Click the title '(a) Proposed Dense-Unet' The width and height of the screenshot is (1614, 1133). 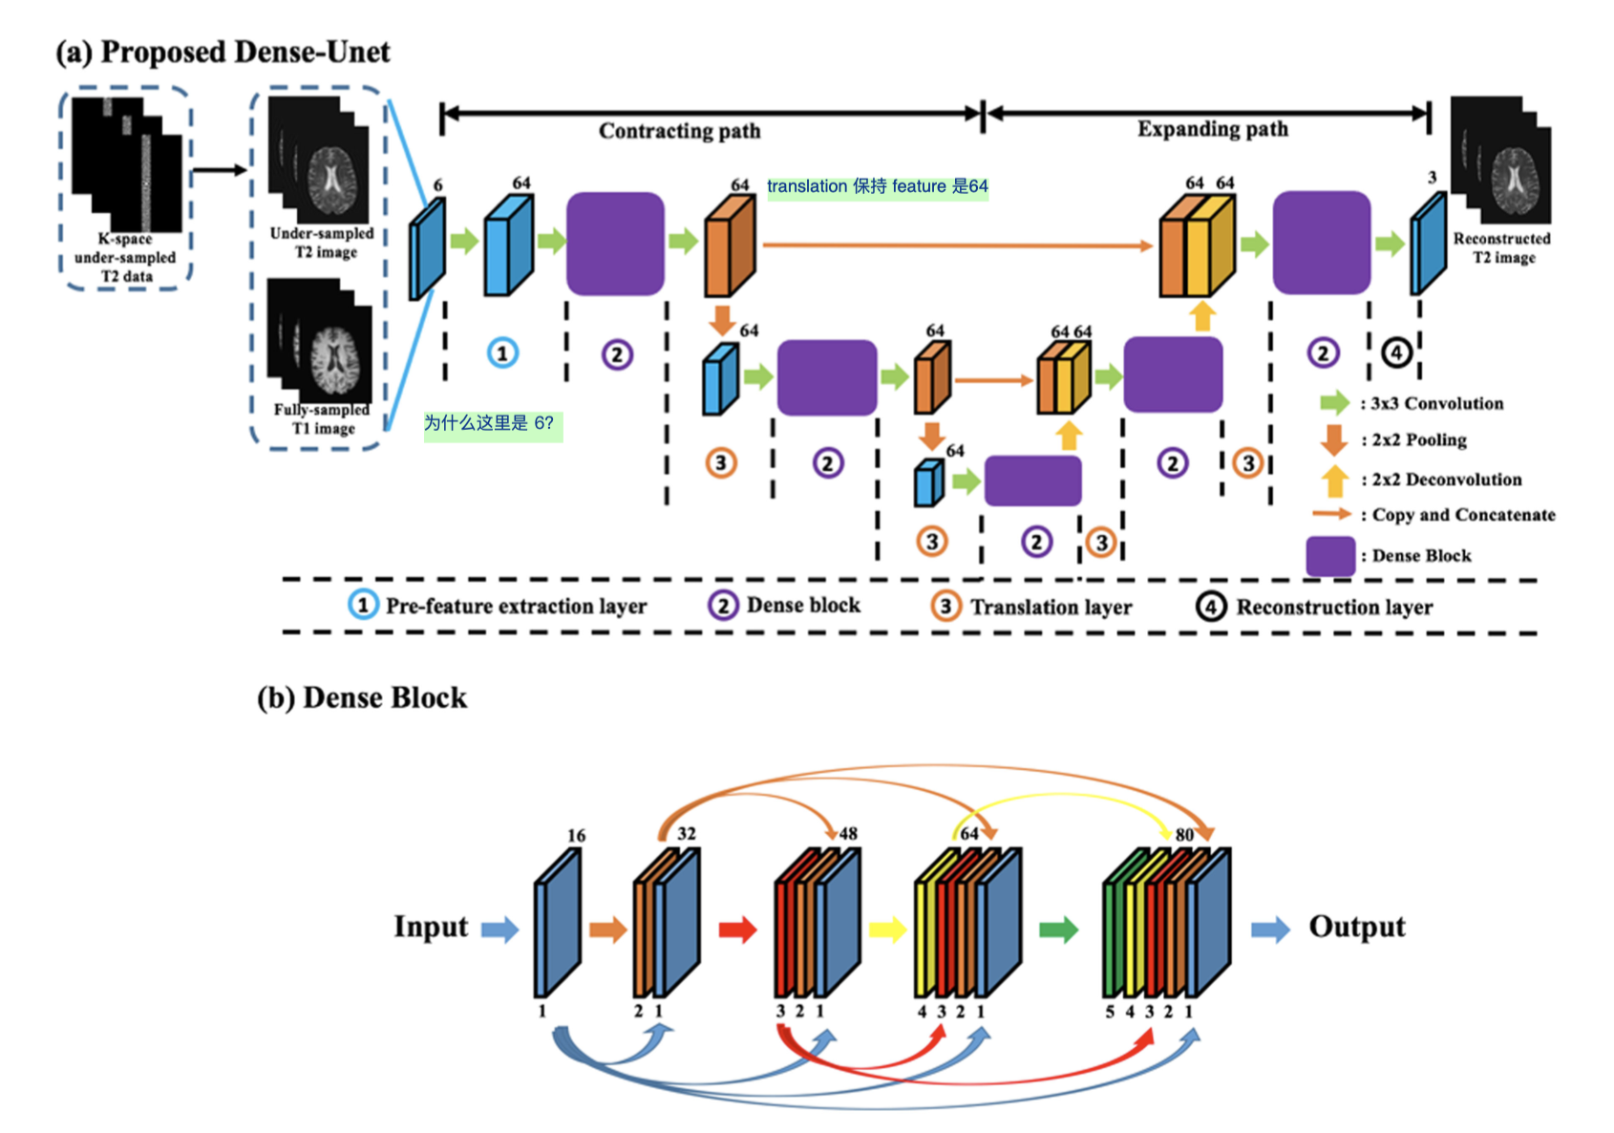pos(223,52)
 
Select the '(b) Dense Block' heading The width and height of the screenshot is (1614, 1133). pos(362,697)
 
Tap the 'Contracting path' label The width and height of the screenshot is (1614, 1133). pos(679,131)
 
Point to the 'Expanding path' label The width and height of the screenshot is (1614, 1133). pos(1213,129)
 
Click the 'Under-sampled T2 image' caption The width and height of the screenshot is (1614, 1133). pos(322,243)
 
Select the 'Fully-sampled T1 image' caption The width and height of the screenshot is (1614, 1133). pos(322,418)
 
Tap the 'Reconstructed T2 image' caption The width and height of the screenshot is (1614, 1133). pos(1501,248)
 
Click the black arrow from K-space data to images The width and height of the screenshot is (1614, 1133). pos(220,170)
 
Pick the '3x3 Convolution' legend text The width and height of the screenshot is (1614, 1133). pos(1437,403)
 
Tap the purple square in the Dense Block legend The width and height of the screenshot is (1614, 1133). pos(1330,556)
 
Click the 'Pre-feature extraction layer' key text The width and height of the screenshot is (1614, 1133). pos(516,606)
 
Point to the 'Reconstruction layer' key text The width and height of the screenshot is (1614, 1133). pos(1334,607)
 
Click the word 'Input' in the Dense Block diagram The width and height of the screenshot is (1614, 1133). pos(431,927)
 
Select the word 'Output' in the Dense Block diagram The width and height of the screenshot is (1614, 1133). pos(1357,927)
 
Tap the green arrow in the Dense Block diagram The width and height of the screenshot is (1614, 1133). pos(1058,930)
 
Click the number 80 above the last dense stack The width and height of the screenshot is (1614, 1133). pos(1184,835)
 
